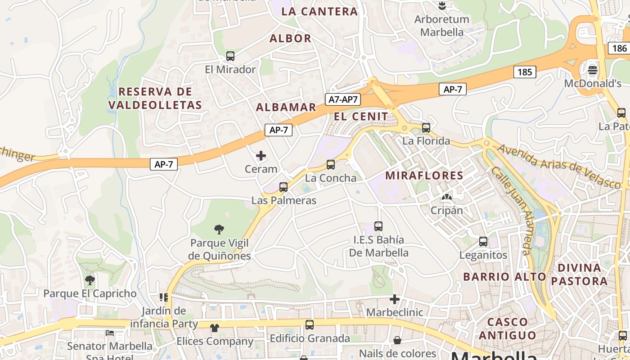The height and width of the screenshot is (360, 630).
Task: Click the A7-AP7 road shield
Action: tap(343, 99)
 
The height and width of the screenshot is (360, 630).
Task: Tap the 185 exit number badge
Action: tap(524, 72)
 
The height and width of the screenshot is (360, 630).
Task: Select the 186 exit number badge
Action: tap(619, 48)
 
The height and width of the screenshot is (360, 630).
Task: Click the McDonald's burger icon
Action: tap(593, 70)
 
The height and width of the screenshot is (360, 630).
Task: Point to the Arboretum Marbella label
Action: tap(441, 26)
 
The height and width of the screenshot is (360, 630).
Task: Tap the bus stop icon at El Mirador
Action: tap(230, 56)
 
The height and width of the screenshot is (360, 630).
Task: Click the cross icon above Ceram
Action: tap(261, 156)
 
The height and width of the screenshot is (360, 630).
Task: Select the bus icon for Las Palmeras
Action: tap(283, 187)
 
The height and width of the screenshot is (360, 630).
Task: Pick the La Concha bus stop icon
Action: tap(331, 165)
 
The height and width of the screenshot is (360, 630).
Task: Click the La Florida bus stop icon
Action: tap(426, 128)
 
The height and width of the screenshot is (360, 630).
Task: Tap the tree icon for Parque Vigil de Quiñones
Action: tap(219, 230)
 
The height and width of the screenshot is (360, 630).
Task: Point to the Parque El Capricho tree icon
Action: tap(90, 280)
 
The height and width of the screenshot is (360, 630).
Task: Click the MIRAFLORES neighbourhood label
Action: tap(424, 175)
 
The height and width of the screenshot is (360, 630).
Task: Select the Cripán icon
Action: tap(446, 197)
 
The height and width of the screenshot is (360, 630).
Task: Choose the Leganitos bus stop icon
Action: tap(483, 242)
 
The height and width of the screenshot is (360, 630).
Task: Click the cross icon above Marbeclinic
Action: tap(395, 299)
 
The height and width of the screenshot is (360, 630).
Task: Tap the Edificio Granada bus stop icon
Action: tap(310, 325)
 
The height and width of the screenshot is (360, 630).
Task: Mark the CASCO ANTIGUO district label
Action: tap(508, 328)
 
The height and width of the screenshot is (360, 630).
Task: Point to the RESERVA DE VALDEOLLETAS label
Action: tap(155, 98)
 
